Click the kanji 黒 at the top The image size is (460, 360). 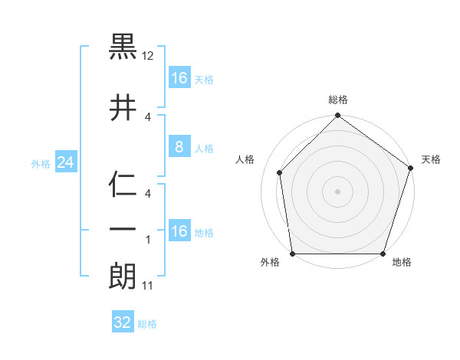123,49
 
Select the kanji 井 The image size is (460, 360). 123,107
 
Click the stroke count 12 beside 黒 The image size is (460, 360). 149,57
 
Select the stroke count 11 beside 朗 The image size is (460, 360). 149,286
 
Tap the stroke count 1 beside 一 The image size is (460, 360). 148,241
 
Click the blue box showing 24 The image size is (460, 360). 64,162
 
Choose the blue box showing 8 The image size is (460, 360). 179,147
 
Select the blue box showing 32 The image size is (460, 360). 123,322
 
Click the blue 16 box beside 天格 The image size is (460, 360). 179,78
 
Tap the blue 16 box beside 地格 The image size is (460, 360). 179,231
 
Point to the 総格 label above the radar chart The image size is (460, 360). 338,100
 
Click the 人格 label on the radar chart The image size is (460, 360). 245,159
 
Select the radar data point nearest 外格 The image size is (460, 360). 293,254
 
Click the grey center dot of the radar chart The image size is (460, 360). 337,191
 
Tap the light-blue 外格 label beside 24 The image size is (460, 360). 41,163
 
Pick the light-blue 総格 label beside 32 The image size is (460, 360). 147,324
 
